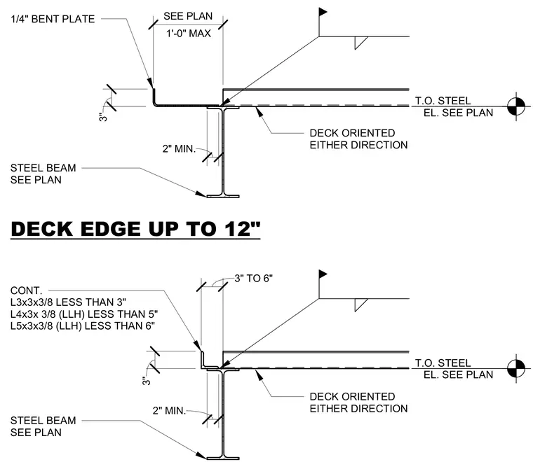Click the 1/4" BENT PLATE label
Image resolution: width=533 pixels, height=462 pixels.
[x=53, y=19]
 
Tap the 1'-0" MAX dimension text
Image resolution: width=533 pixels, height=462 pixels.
[x=189, y=33]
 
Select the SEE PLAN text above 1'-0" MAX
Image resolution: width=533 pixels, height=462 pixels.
[x=188, y=16]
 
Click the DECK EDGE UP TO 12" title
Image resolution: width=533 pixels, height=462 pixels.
[x=135, y=229]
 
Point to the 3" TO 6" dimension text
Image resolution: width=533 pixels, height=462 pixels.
[x=254, y=279]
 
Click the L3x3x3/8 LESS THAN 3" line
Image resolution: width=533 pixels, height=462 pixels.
[x=68, y=302]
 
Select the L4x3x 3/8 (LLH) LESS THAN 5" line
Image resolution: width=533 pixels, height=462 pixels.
[x=84, y=314]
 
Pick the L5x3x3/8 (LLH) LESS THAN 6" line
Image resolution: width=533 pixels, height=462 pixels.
[x=83, y=325]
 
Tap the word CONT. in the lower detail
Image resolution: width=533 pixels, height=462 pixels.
[x=27, y=290]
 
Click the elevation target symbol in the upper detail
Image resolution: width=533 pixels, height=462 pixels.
[x=516, y=106]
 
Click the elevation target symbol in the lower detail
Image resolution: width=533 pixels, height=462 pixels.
[x=516, y=368]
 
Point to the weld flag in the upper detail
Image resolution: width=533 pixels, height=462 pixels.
[x=323, y=12]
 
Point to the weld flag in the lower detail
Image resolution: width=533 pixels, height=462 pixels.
[x=323, y=274]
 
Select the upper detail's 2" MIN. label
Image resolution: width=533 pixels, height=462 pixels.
[x=179, y=148]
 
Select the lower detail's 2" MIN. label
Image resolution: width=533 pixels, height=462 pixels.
[x=169, y=411]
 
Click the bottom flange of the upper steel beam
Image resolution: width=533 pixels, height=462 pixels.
[x=223, y=196]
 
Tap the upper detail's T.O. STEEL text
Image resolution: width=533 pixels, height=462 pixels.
[x=443, y=101]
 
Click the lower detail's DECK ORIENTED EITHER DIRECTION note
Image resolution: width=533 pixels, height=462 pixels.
[x=358, y=402]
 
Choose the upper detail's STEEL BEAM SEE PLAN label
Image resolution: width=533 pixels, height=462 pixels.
[x=43, y=174]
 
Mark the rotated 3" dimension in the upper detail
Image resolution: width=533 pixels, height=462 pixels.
[x=103, y=118]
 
